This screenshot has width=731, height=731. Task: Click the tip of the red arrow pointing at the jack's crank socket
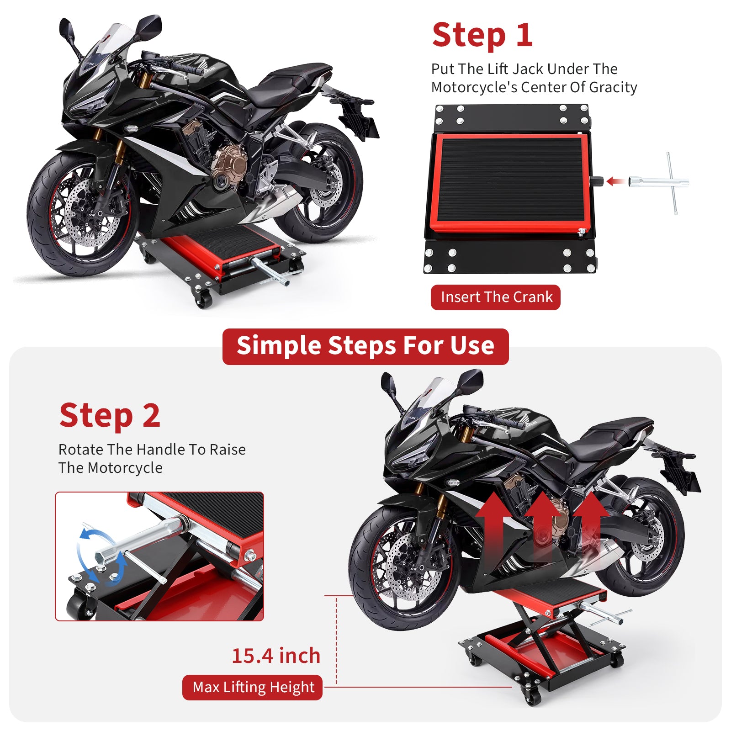pos(607,182)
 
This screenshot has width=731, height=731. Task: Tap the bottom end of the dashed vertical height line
pos(337,684)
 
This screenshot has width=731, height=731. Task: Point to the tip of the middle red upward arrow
pos(543,492)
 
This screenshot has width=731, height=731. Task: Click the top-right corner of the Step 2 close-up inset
pos(264,492)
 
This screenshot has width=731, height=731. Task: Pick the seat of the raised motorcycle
pos(612,436)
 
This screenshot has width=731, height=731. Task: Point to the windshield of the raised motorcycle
pos(432,397)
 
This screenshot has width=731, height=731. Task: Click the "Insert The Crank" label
pos(496,297)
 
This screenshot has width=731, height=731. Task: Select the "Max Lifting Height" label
pos(253,687)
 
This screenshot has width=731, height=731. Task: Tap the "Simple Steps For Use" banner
pos(365,346)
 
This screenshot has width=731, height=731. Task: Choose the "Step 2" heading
pos(110,416)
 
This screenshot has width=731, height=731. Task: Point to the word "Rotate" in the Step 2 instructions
pos(81,450)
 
